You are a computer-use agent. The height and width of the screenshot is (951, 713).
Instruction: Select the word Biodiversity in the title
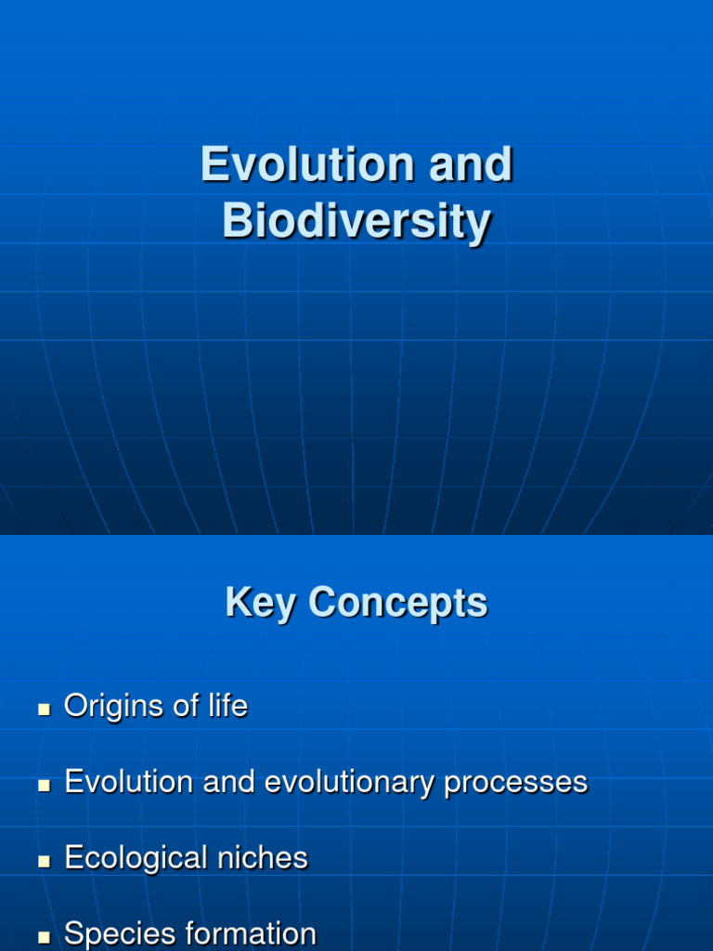[x=356, y=222]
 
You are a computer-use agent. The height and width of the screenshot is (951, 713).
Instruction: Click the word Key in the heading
[x=262, y=603]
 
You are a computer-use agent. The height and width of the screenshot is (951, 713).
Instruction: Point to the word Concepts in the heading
[x=398, y=603]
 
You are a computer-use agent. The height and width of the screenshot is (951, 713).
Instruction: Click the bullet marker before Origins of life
[x=44, y=709]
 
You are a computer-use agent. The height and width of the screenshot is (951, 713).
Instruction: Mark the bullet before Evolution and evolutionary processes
[x=44, y=785]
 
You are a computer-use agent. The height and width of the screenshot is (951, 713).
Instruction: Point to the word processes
[x=516, y=783]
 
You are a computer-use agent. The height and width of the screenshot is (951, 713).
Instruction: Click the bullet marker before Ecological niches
[x=44, y=861]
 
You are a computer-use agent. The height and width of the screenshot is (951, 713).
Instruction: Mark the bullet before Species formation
[x=44, y=937]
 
